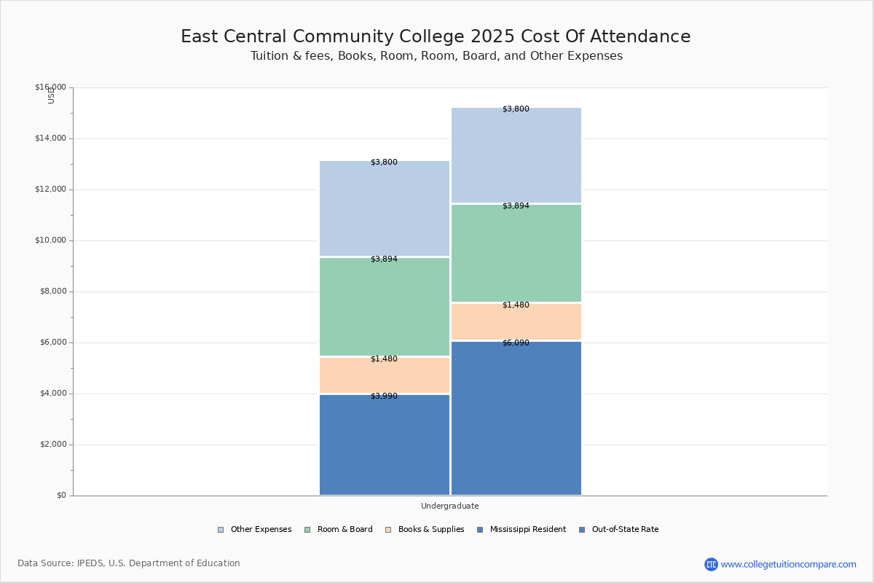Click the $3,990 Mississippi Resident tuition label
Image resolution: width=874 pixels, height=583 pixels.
click(384, 396)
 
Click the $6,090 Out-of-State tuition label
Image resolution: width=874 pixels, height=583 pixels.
click(516, 343)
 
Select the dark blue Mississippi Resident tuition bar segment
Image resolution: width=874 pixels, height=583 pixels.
click(385, 445)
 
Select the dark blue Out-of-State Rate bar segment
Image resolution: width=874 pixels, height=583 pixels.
click(516, 418)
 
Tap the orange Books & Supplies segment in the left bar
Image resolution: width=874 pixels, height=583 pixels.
click(385, 375)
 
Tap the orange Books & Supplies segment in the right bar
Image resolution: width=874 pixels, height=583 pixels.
click(516, 322)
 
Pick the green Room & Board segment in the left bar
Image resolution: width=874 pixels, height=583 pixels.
click(385, 307)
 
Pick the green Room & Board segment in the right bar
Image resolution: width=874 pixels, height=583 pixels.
click(516, 254)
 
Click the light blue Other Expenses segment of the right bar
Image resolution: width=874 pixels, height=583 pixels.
click(516, 155)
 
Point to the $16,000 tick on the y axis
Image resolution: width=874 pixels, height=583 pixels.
click(50, 87)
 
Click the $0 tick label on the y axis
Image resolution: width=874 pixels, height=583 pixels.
click(61, 496)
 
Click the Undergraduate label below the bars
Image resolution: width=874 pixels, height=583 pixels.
click(449, 506)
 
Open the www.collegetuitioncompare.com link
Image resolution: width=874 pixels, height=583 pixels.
click(788, 564)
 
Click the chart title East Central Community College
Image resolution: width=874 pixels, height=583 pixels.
click(436, 37)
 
